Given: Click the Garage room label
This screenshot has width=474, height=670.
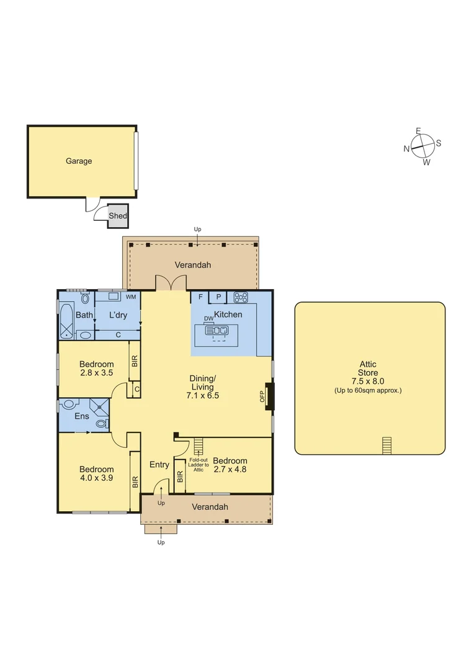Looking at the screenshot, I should [x=79, y=161].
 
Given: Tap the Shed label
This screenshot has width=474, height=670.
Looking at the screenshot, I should [x=118, y=216].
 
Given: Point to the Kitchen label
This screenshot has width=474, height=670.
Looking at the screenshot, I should [x=228, y=315].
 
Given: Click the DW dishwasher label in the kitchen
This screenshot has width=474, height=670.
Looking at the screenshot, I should [x=208, y=319].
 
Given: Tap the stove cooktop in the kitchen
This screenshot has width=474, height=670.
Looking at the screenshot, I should [x=241, y=297].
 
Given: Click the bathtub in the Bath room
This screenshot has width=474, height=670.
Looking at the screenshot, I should [x=66, y=319].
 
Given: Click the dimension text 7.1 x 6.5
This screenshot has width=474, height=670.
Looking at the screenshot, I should [x=204, y=395].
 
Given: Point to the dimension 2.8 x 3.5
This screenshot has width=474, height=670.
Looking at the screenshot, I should [x=96, y=373].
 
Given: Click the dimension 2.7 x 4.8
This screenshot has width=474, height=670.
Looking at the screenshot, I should [x=230, y=470].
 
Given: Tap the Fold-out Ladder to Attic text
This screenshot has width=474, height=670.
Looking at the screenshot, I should [x=199, y=465].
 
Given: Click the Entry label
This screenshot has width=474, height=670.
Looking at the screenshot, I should [x=159, y=465].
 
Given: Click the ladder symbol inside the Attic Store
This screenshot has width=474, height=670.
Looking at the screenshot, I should [x=387, y=445].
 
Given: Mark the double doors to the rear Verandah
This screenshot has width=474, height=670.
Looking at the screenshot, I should [x=170, y=283].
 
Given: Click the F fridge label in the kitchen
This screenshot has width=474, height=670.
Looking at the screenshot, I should [x=200, y=297].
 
